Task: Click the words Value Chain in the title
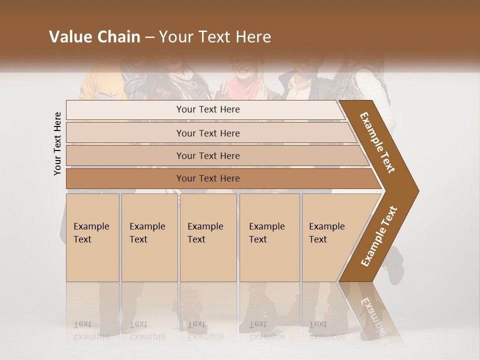pyautogui.click(x=94, y=37)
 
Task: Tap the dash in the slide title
pyautogui.click(x=149, y=37)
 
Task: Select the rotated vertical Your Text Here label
pyautogui.click(x=57, y=144)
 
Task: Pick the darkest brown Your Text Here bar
pyautogui.click(x=208, y=178)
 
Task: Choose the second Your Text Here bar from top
pyautogui.click(x=208, y=133)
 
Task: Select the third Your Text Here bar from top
pyautogui.click(x=208, y=155)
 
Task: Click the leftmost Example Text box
pyautogui.click(x=92, y=237)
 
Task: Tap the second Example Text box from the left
pyautogui.click(x=149, y=237)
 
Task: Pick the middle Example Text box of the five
pyautogui.click(x=208, y=237)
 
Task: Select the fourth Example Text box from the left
pyautogui.click(x=269, y=237)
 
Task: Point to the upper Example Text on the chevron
pyautogui.click(x=377, y=142)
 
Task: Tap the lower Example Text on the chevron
pyautogui.click(x=378, y=236)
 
